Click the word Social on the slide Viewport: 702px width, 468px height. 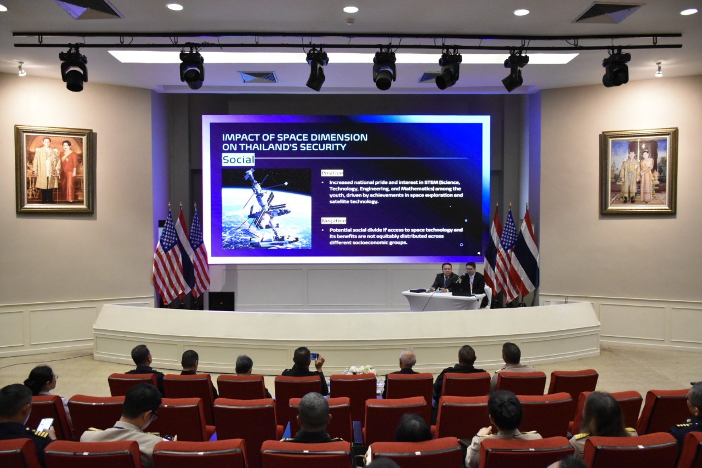(x=238, y=160)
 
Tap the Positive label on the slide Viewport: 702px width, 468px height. (x=332, y=173)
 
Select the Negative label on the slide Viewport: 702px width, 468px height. (x=334, y=221)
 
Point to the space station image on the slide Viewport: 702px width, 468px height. (x=267, y=209)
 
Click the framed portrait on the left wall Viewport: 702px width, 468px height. (x=54, y=170)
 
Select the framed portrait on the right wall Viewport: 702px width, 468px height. (x=639, y=171)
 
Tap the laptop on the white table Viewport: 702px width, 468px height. (x=461, y=290)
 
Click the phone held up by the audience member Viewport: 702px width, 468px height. (x=314, y=357)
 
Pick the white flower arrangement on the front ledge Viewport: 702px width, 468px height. (x=360, y=370)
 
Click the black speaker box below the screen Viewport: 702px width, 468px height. (x=221, y=301)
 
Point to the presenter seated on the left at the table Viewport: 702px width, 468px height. (x=444, y=278)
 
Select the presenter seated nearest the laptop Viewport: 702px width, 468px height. (x=473, y=279)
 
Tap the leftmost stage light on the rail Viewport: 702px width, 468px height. (x=73, y=70)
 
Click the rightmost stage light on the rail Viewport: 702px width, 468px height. (x=616, y=69)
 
